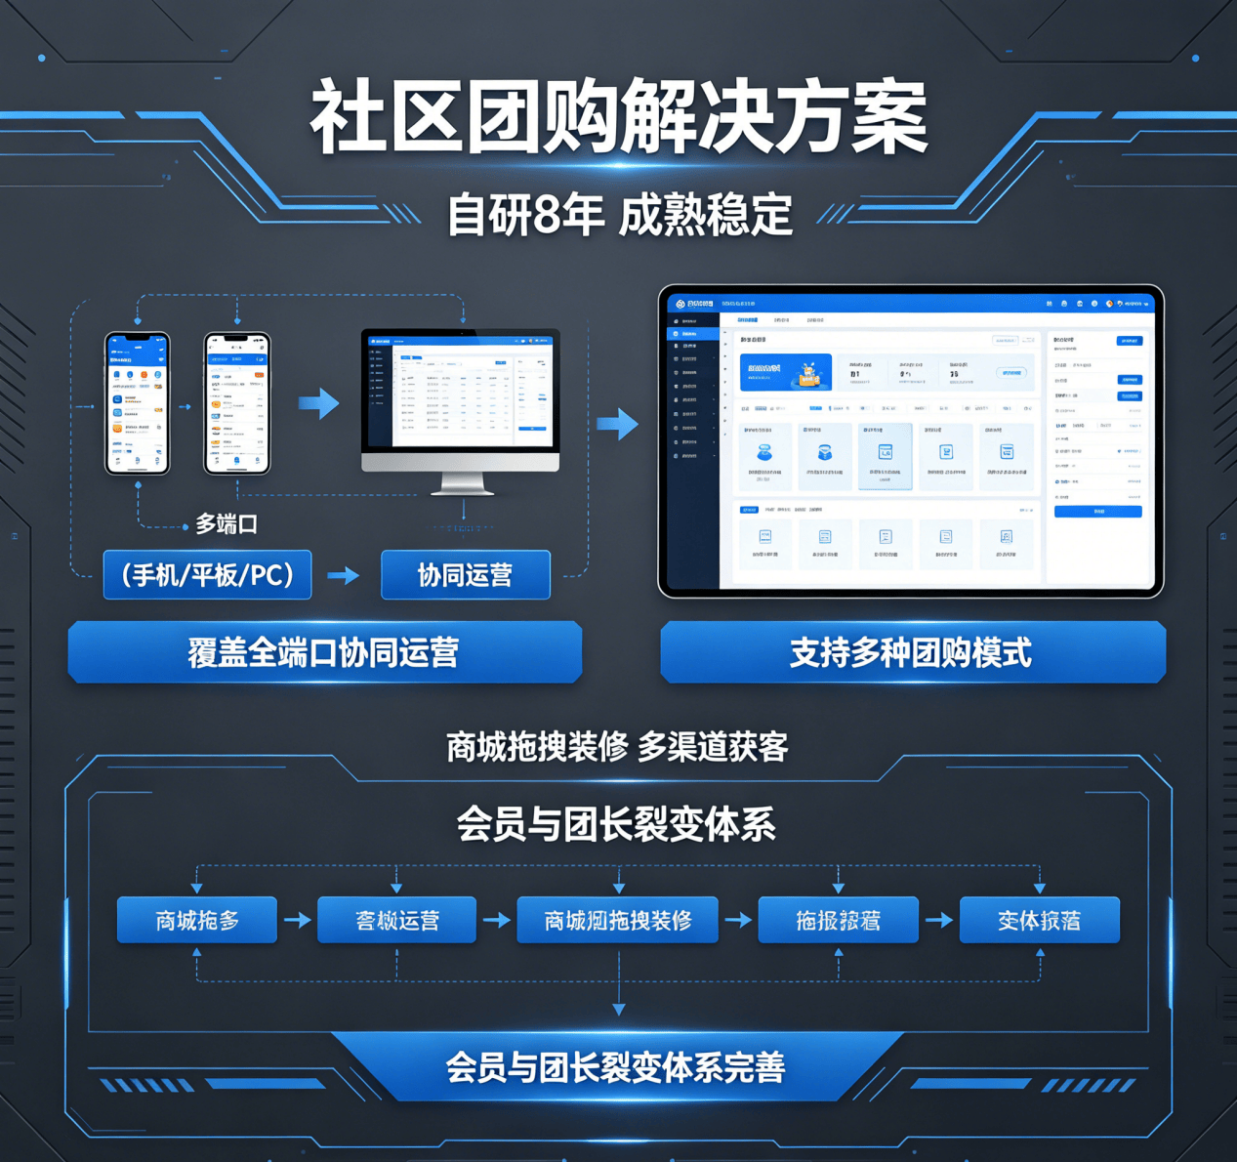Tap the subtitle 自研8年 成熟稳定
pos(619,214)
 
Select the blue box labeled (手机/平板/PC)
pos(208,575)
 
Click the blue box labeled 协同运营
pos(465,575)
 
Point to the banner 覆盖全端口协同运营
pos(324,652)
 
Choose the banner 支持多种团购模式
pos(912,652)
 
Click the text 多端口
pos(227,524)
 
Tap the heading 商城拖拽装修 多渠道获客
pos(617,747)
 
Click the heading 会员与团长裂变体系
pos(617,824)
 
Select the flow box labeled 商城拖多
pos(197,920)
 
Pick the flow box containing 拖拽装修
pos(618,920)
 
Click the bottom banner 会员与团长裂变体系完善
pos(616,1067)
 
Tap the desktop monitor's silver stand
pos(462,482)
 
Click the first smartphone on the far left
pos(138,403)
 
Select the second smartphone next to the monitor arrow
pos(237,403)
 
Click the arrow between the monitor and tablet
pos(617,424)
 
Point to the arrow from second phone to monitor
pos(318,402)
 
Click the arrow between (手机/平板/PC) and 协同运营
pos(344,576)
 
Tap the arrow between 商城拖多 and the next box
pos(297,920)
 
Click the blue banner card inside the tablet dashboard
pos(786,372)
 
